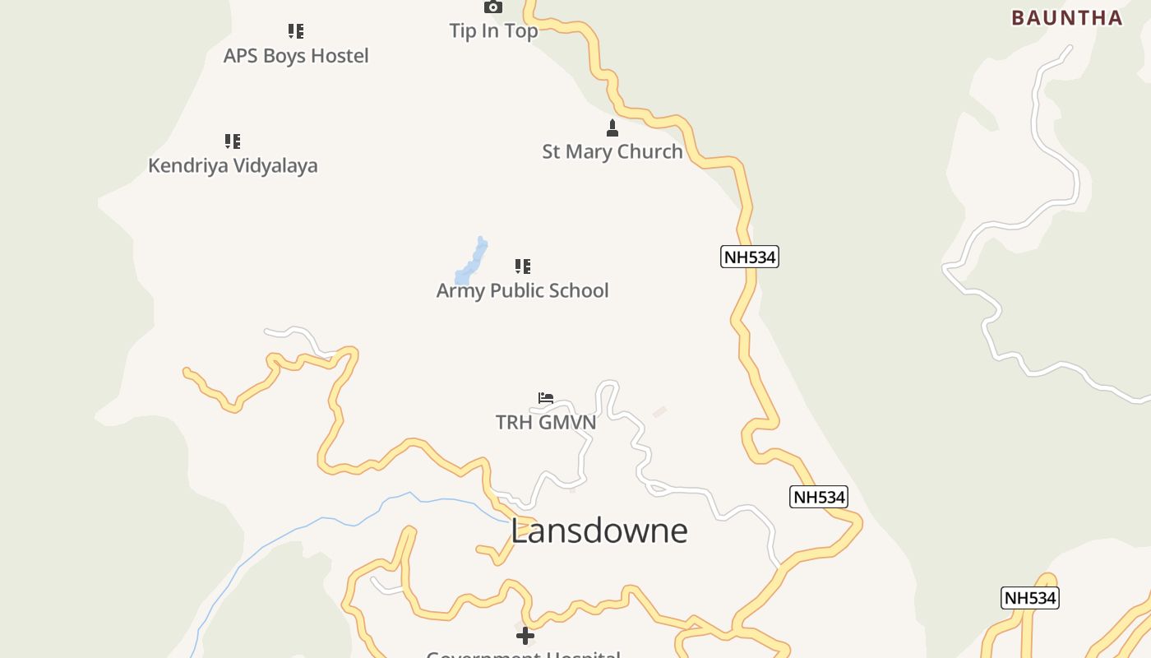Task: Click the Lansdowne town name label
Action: point(599,531)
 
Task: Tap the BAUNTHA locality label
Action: point(1066,17)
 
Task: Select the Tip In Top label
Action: point(493,30)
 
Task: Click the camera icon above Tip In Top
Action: point(493,7)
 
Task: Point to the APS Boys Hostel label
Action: point(296,56)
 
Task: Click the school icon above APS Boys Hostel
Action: point(296,31)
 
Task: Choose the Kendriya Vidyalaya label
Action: point(233,165)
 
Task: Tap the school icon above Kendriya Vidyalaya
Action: point(233,141)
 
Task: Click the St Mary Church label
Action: point(612,151)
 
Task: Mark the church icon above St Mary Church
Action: point(612,127)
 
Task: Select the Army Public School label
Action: point(522,290)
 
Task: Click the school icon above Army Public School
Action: point(523,266)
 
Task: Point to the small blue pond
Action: point(472,262)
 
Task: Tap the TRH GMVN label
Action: point(546,422)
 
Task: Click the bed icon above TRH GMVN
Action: point(546,398)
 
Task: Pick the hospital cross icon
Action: point(525,635)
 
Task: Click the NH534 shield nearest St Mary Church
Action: point(750,257)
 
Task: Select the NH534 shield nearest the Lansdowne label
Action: point(818,497)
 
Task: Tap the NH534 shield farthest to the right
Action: point(1029,598)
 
